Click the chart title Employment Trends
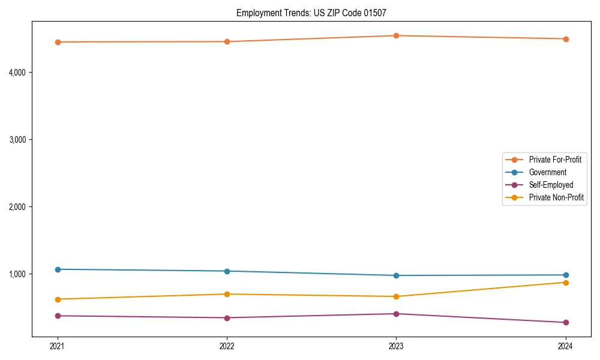[315, 13]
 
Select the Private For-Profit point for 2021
[58, 42]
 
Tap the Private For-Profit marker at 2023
[396, 35]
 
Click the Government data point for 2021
[58, 269]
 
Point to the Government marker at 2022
[227, 271]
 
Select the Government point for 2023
[396, 275]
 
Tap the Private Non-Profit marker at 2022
[227, 294]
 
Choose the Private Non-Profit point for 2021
[58, 299]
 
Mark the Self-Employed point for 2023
[396, 314]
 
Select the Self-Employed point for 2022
[227, 318]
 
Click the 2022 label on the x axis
[227, 346]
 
